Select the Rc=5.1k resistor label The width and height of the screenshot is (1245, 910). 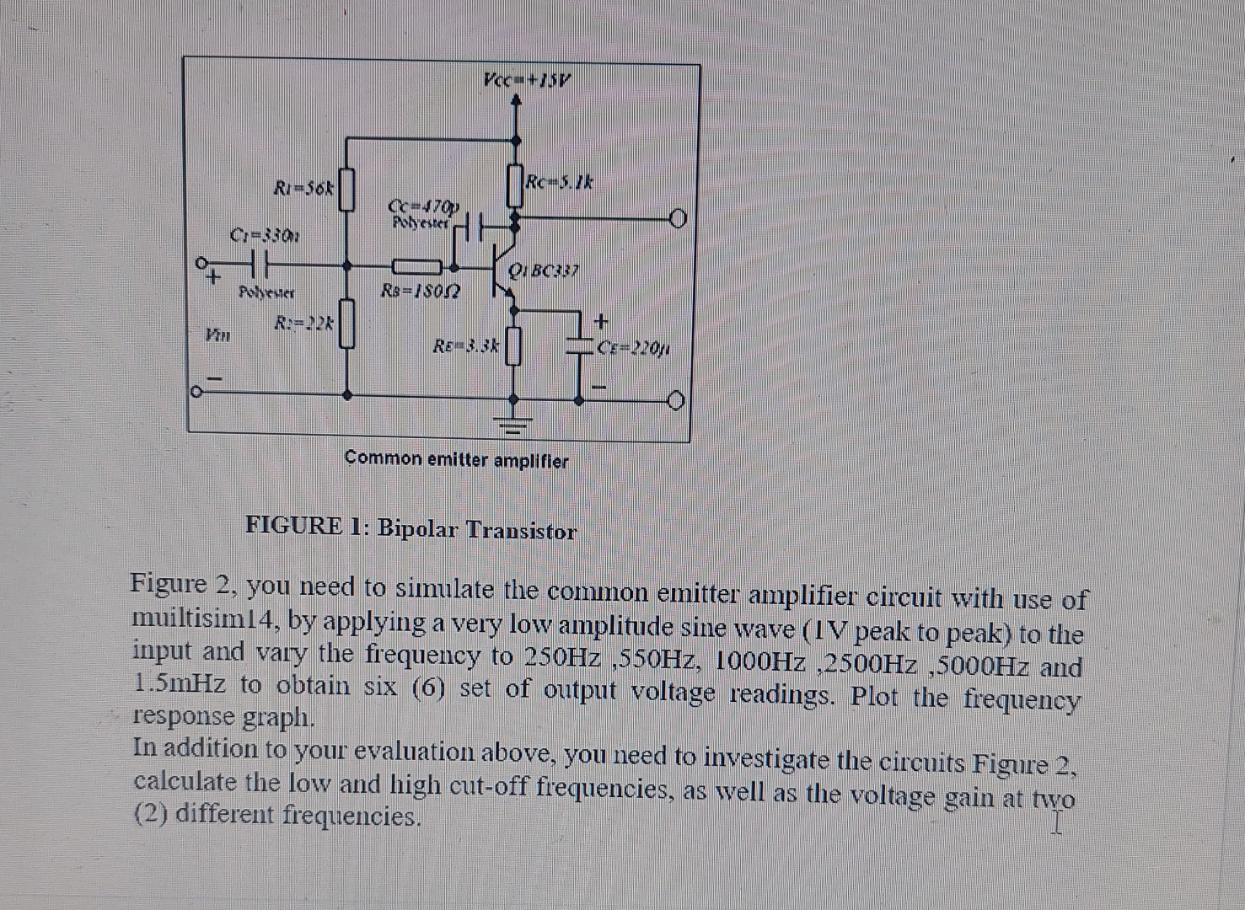coord(560,181)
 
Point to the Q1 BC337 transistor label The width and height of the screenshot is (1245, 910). coord(544,271)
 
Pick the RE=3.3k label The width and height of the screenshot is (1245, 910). coord(466,345)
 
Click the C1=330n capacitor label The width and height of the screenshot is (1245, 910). coord(264,234)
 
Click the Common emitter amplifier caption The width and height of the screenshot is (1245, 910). coord(456,461)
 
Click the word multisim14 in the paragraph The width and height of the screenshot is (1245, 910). coord(206,621)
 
